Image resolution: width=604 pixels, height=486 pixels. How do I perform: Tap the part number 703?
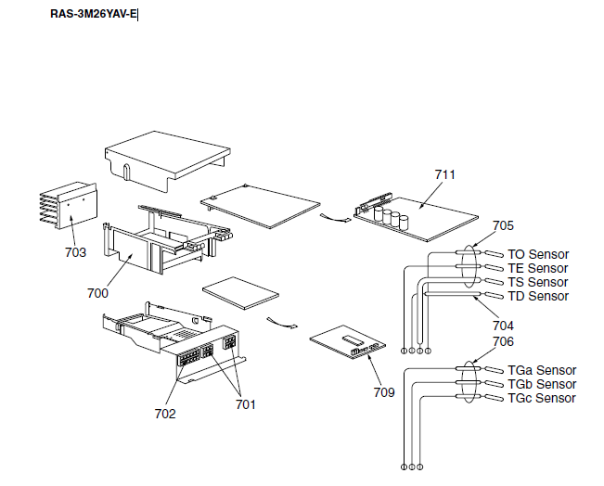[x=76, y=252]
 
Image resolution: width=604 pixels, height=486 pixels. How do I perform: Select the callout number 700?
[x=97, y=293]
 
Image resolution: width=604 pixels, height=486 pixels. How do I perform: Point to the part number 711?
[x=445, y=173]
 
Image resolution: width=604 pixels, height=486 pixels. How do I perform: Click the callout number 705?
[x=503, y=225]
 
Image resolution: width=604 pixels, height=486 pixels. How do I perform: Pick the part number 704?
[x=503, y=326]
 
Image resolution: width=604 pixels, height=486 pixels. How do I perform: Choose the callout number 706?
[x=503, y=341]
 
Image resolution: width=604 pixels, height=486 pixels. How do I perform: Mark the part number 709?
[x=384, y=392]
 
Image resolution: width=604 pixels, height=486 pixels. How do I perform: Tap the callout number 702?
[x=165, y=414]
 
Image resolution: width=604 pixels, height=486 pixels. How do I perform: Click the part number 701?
[x=244, y=404]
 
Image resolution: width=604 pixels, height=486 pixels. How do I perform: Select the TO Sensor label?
[x=538, y=254]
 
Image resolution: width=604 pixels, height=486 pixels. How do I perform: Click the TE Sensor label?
[x=538, y=268]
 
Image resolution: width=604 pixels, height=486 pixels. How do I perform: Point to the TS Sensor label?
[x=538, y=282]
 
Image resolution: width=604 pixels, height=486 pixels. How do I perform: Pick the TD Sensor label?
[x=538, y=296]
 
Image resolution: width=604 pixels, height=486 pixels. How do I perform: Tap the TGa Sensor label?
[x=542, y=370]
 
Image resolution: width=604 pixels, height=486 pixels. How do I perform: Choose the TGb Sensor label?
[x=542, y=384]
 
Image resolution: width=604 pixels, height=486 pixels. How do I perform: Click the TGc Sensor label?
[x=542, y=398]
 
